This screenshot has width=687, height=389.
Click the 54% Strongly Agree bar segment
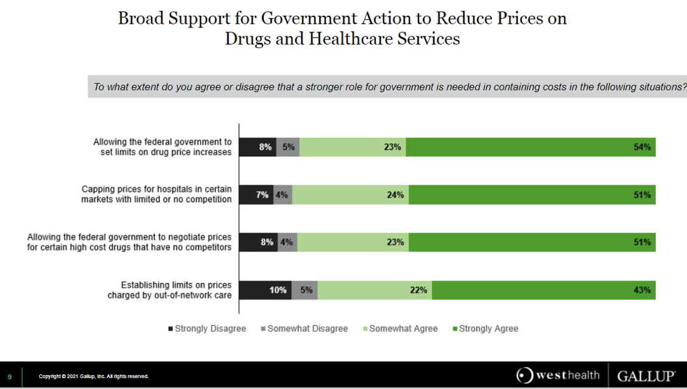[530, 147]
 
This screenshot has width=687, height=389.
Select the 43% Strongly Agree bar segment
[544, 290]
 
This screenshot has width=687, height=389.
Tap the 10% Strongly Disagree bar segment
[265, 290]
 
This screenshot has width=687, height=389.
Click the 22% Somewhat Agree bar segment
[375, 290]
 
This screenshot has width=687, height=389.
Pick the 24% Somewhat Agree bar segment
[350, 195]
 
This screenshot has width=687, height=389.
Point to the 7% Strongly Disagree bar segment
[256, 195]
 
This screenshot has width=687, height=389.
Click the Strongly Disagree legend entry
[206, 329]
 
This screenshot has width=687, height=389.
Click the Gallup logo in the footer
[646, 376]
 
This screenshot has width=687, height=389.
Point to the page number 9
[10, 377]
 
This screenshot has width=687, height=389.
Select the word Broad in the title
[141, 18]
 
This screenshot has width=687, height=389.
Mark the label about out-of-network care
[169, 290]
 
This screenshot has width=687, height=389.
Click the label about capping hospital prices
[157, 195]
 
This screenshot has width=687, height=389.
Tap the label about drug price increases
[163, 147]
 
